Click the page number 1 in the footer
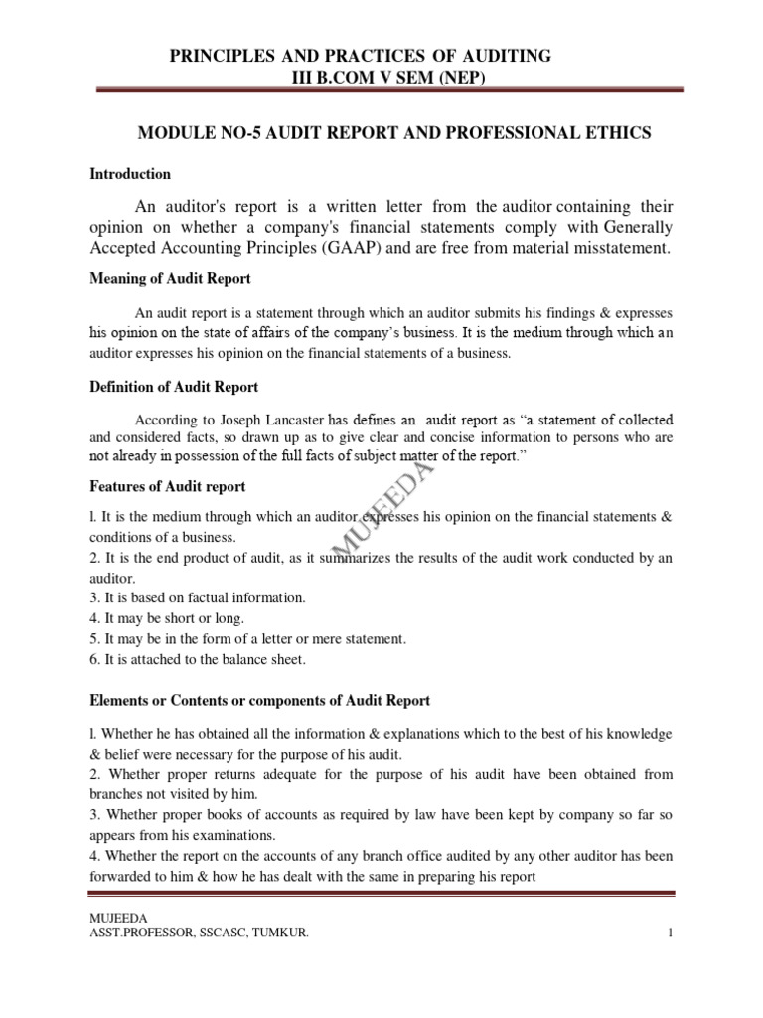tap(671, 933)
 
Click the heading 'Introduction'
tap(130, 174)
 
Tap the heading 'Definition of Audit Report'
tap(174, 387)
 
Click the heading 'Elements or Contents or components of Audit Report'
tap(259, 701)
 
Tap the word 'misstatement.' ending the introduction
tap(613, 248)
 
